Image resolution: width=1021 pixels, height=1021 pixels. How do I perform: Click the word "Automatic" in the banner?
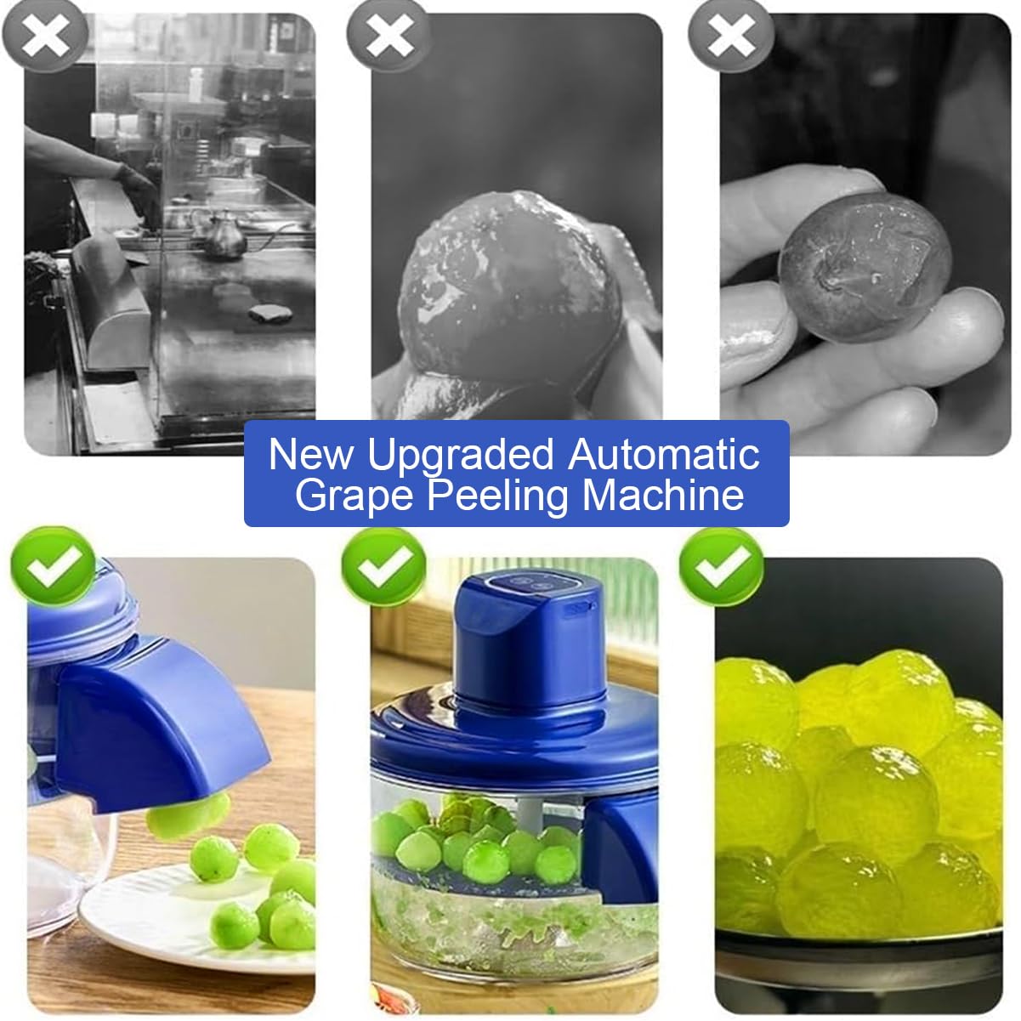663,453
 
